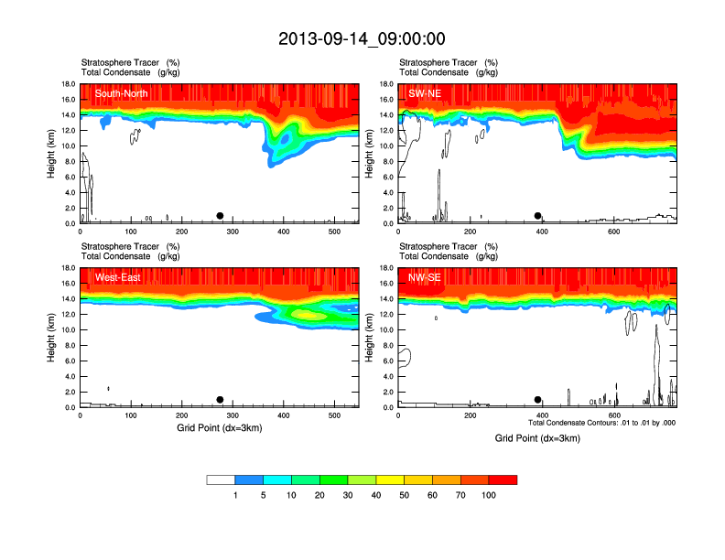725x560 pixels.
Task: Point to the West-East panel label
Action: [118, 277]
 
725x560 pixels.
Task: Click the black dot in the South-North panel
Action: [220, 216]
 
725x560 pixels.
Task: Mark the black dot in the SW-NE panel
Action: [538, 216]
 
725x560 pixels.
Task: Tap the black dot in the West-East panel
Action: [220, 400]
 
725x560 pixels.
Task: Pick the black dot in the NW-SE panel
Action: [538, 400]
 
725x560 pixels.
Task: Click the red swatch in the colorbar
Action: [503, 479]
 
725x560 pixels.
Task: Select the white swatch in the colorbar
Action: [221, 479]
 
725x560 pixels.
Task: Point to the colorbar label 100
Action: [488, 495]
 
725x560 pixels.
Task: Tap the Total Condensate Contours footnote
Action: [601, 423]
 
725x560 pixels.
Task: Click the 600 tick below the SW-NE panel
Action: [614, 232]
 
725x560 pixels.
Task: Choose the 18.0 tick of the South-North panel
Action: [66, 84]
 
